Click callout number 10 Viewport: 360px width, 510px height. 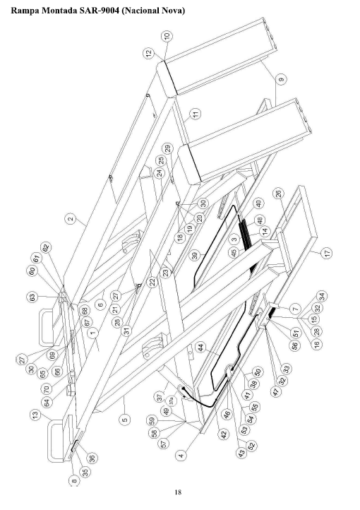pos(167,37)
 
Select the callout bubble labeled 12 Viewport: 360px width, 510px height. pos(149,53)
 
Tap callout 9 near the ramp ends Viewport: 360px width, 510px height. pos(282,79)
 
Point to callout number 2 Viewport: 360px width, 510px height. pos(71,218)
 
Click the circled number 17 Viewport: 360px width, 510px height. pos(327,252)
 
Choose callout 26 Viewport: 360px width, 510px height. pos(278,194)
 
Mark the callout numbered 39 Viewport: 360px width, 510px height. pos(195,256)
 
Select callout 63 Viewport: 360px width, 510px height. pos(32,297)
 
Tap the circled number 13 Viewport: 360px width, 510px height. pos(36,415)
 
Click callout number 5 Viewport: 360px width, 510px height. pos(125,420)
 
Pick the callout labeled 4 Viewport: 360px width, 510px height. pos(181,455)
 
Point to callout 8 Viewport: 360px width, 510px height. pos(74,481)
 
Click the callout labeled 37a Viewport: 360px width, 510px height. pos(172,401)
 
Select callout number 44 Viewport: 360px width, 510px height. pos(201,348)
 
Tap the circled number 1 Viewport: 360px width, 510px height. pos(93,333)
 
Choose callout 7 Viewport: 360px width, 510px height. pos(295,309)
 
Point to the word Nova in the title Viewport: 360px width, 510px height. pos(173,11)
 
